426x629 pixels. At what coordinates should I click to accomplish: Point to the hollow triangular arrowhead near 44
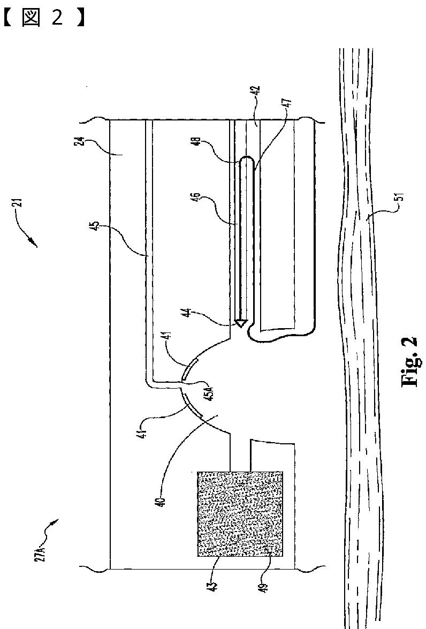click(x=241, y=323)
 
